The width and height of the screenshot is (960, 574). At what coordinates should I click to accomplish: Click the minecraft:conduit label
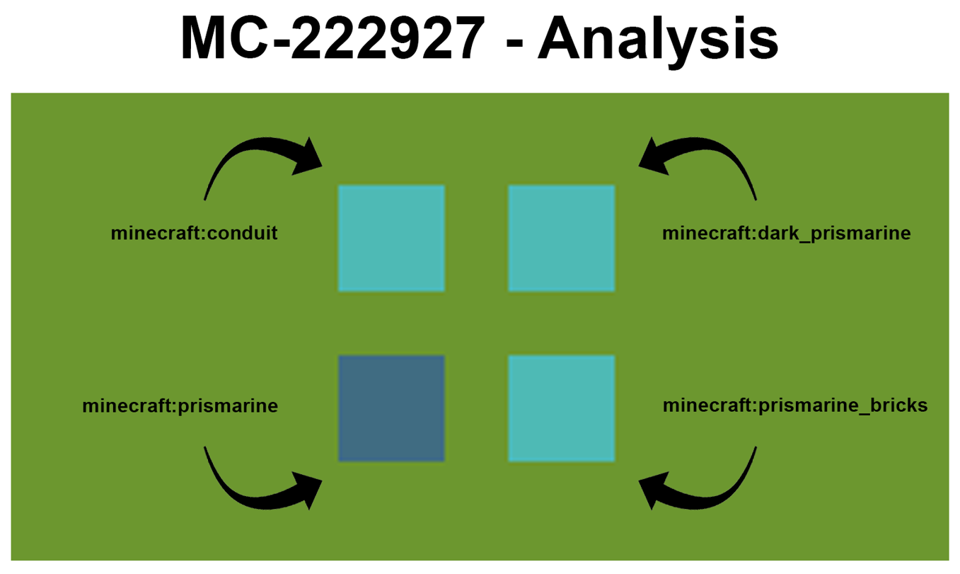point(194,233)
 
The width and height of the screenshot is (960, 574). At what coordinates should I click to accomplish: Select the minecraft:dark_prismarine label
point(786,233)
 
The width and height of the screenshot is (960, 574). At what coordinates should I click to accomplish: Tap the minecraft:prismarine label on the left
point(180,406)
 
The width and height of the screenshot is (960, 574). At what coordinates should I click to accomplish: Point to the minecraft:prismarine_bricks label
point(794,406)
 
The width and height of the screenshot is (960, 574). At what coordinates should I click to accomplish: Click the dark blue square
point(391,408)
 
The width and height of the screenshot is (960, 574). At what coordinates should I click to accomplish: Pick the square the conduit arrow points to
point(391,239)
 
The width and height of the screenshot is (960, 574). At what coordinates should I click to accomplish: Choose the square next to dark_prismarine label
point(561,239)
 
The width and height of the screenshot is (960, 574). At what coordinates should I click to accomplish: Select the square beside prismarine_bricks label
point(561,408)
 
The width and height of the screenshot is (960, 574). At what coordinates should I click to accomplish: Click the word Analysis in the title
point(658,39)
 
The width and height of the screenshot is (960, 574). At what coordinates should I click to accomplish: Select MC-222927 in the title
point(332,39)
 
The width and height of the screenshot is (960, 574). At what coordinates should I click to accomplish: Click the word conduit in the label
point(241,233)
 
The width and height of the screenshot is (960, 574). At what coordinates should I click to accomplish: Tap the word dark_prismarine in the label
point(834,233)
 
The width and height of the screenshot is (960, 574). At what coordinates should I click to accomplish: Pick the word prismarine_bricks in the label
point(843,406)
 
